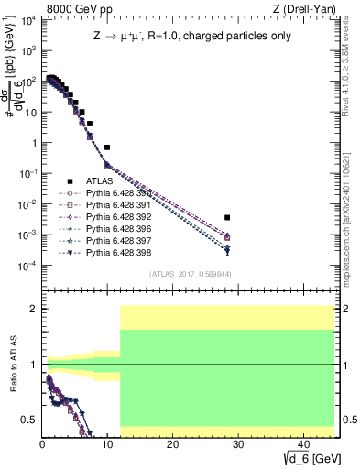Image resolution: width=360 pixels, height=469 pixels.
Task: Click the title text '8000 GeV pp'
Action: [74, 10]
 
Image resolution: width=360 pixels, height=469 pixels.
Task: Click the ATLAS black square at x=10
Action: [107, 147]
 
